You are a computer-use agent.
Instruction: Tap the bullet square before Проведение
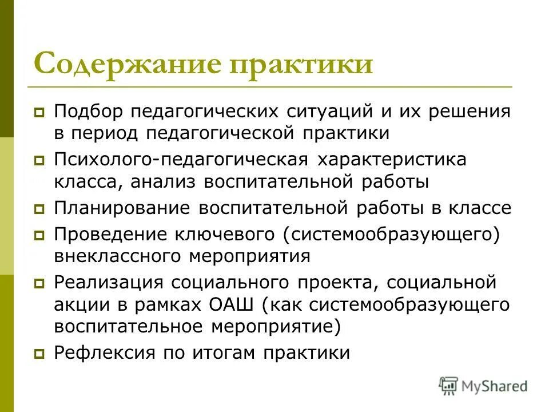click(39, 235)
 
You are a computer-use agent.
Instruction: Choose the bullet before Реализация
click(39, 283)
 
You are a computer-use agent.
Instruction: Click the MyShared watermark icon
click(449, 386)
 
